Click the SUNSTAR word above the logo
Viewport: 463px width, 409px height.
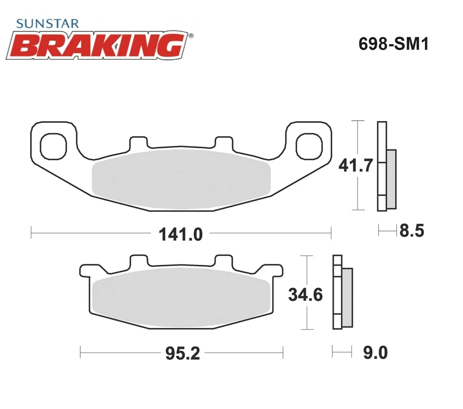[47, 24]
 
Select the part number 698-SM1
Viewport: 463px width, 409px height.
[393, 44]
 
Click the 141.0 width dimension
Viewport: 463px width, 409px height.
[181, 234]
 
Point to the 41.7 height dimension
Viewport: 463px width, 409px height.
[356, 165]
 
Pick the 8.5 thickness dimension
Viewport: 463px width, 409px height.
[412, 231]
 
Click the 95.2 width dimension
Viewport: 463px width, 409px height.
[183, 353]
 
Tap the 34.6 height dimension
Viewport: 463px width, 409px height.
[305, 295]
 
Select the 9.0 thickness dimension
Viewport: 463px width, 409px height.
[375, 353]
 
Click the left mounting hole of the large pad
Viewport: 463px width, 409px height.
[54, 146]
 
